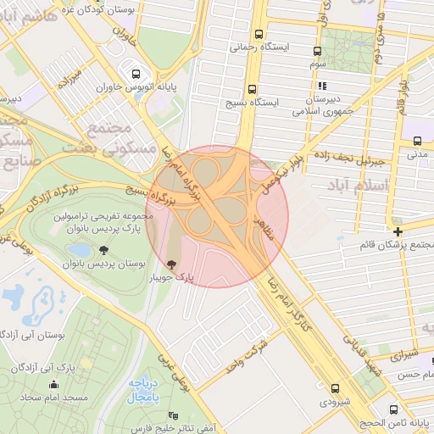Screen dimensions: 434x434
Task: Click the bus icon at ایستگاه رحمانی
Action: pyautogui.click(x=259, y=36)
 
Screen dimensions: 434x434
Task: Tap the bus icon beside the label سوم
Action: pyautogui.click(x=318, y=51)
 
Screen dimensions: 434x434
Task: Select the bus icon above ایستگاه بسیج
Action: pyautogui.click(x=252, y=89)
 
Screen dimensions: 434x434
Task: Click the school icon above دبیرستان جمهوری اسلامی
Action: pyautogui.click(x=321, y=86)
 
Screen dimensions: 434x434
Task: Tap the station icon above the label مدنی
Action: pyautogui.click(x=418, y=141)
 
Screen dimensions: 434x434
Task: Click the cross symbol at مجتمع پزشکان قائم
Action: pyautogui.click(x=398, y=231)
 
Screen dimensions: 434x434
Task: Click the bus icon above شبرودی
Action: pyautogui.click(x=335, y=387)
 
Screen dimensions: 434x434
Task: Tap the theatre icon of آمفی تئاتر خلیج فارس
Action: pyautogui.click(x=173, y=415)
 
